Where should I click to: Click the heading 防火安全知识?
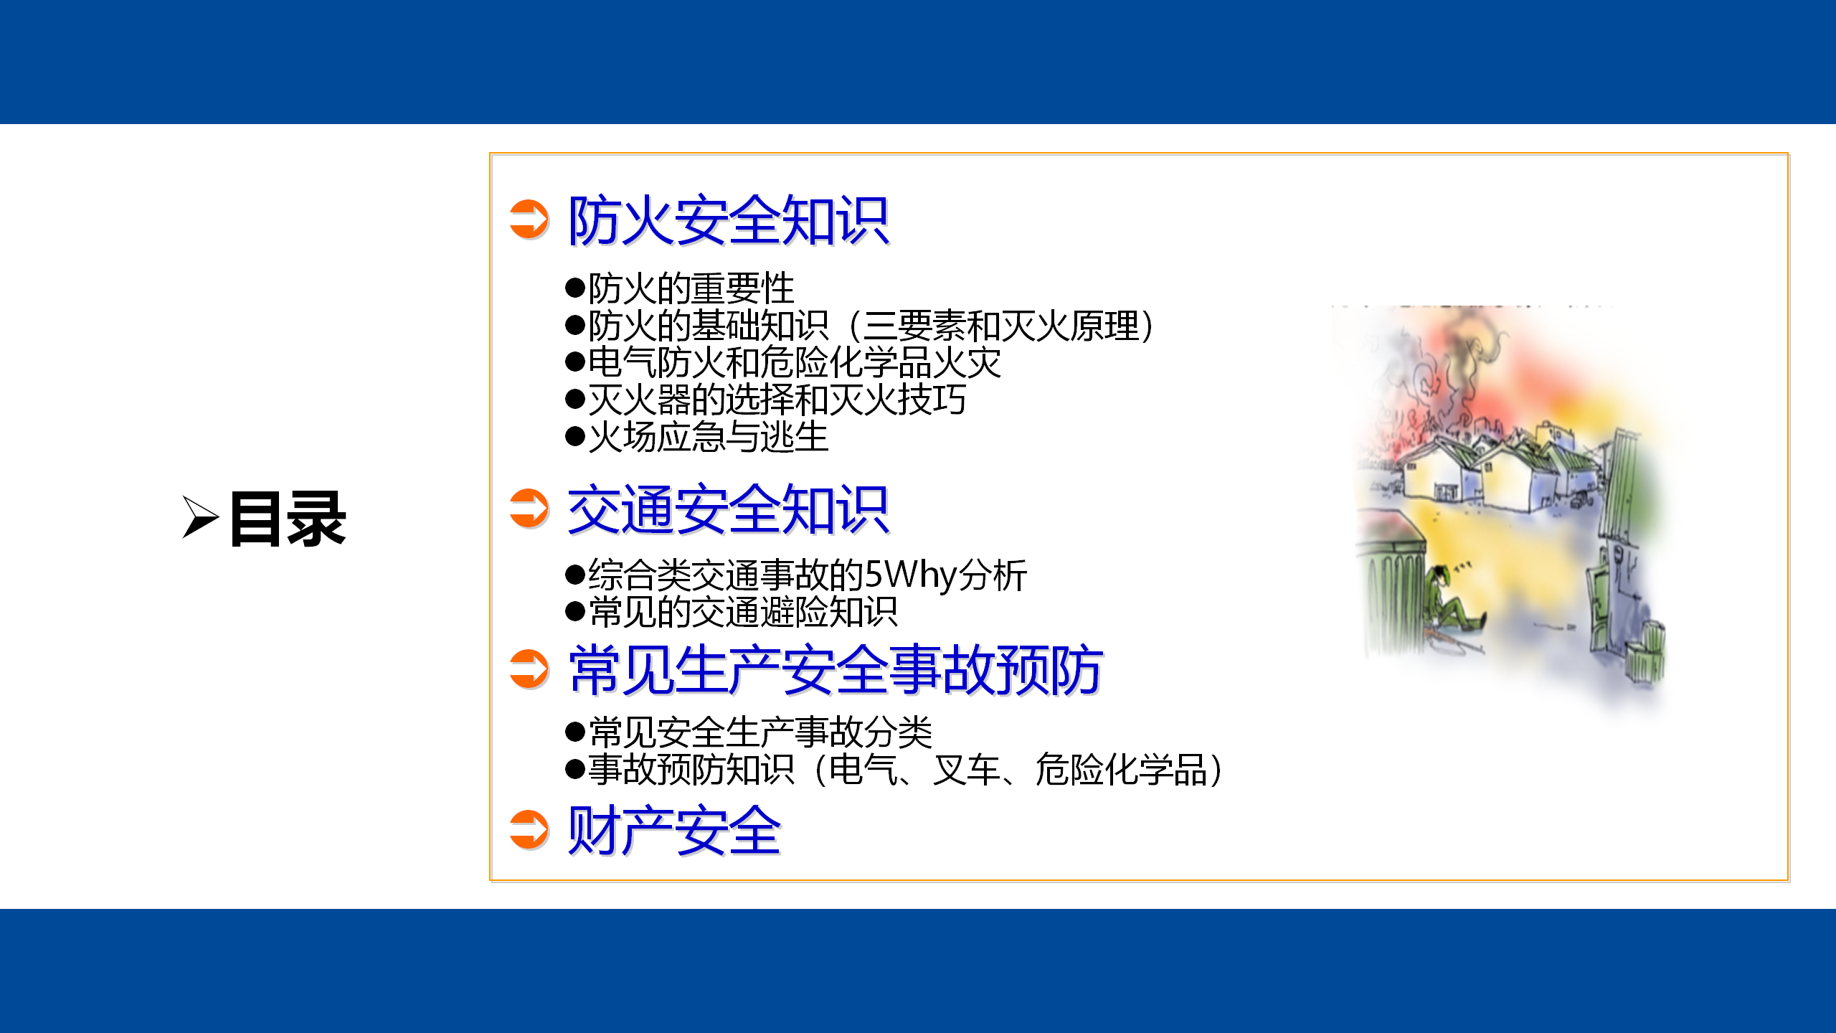pyautogui.click(x=728, y=220)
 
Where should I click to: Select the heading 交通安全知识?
pyautogui.click(x=728, y=510)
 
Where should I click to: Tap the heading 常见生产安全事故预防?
pyautogui.click(x=836, y=670)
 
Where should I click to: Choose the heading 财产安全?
pyautogui.click(x=674, y=831)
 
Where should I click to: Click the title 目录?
pyautogui.click(x=288, y=519)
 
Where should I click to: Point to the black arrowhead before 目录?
pyautogui.click(x=199, y=516)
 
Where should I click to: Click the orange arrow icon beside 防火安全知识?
pyautogui.click(x=529, y=220)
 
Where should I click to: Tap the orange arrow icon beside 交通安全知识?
pyautogui.click(x=529, y=508)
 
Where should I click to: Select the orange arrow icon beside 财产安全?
pyautogui.click(x=529, y=829)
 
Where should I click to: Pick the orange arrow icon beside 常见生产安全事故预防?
pyautogui.click(x=529, y=669)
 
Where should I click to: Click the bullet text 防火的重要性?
pyautogui.click(x=691, y=288)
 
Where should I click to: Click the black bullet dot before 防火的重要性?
pyautogui.click(x=575, y=288)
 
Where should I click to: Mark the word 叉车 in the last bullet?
pyautogui.click(x=967, y=770)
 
